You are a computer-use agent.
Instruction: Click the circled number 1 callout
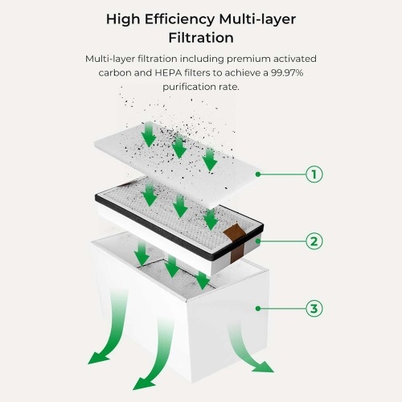314,174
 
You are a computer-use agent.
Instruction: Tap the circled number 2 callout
314,241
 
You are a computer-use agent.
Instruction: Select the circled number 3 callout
314,309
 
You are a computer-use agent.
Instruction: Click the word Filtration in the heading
201,38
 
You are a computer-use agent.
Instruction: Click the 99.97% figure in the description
287,72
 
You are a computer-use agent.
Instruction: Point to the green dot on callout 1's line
258,174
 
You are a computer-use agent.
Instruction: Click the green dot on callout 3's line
258,309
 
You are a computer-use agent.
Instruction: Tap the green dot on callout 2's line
258,241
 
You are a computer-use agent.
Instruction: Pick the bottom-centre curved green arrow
158,356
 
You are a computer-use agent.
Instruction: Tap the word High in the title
123,19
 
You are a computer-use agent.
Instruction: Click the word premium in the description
248,59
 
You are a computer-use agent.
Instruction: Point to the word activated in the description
295,59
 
